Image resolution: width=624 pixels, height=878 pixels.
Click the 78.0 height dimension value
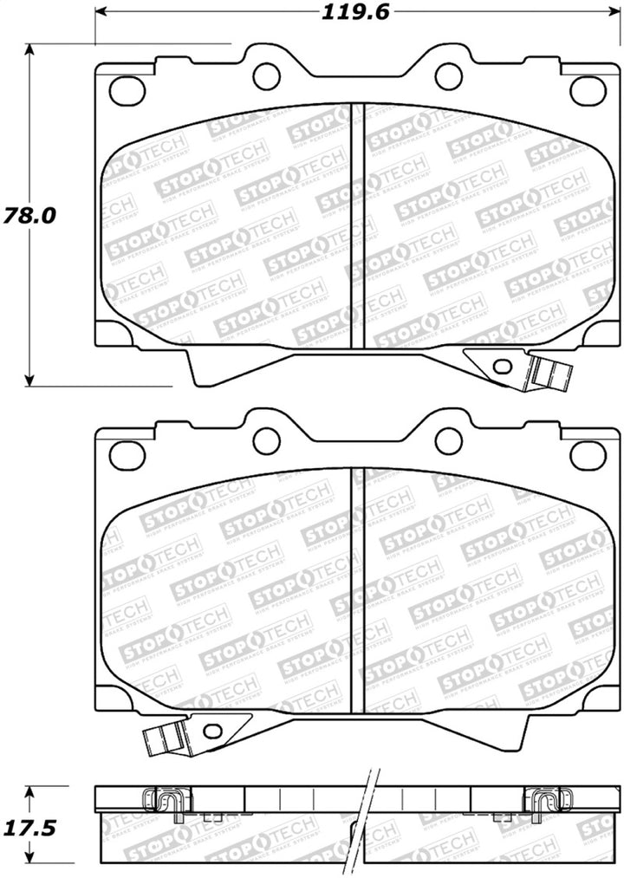(30, 215)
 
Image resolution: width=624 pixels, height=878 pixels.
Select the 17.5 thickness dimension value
(30, 827)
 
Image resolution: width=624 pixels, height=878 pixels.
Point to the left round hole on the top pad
(266, 75)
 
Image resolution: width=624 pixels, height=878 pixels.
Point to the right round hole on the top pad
(448, 75)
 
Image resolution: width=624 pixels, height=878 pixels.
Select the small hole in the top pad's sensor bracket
(502, 365)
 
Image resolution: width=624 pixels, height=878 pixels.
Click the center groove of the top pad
(357, 225)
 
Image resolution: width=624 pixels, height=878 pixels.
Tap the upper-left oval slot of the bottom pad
(127, 452)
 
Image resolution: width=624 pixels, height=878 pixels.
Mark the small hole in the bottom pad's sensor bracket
(211, 731)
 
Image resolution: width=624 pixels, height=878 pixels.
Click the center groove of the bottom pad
(357, 589)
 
